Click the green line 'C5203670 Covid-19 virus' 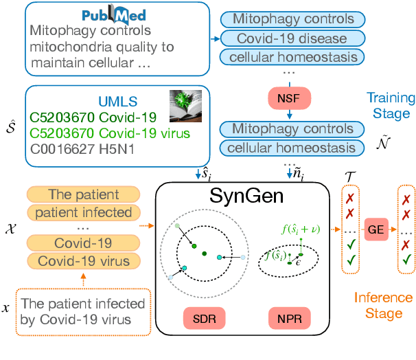(91, 133)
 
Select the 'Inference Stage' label (383, 306)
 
